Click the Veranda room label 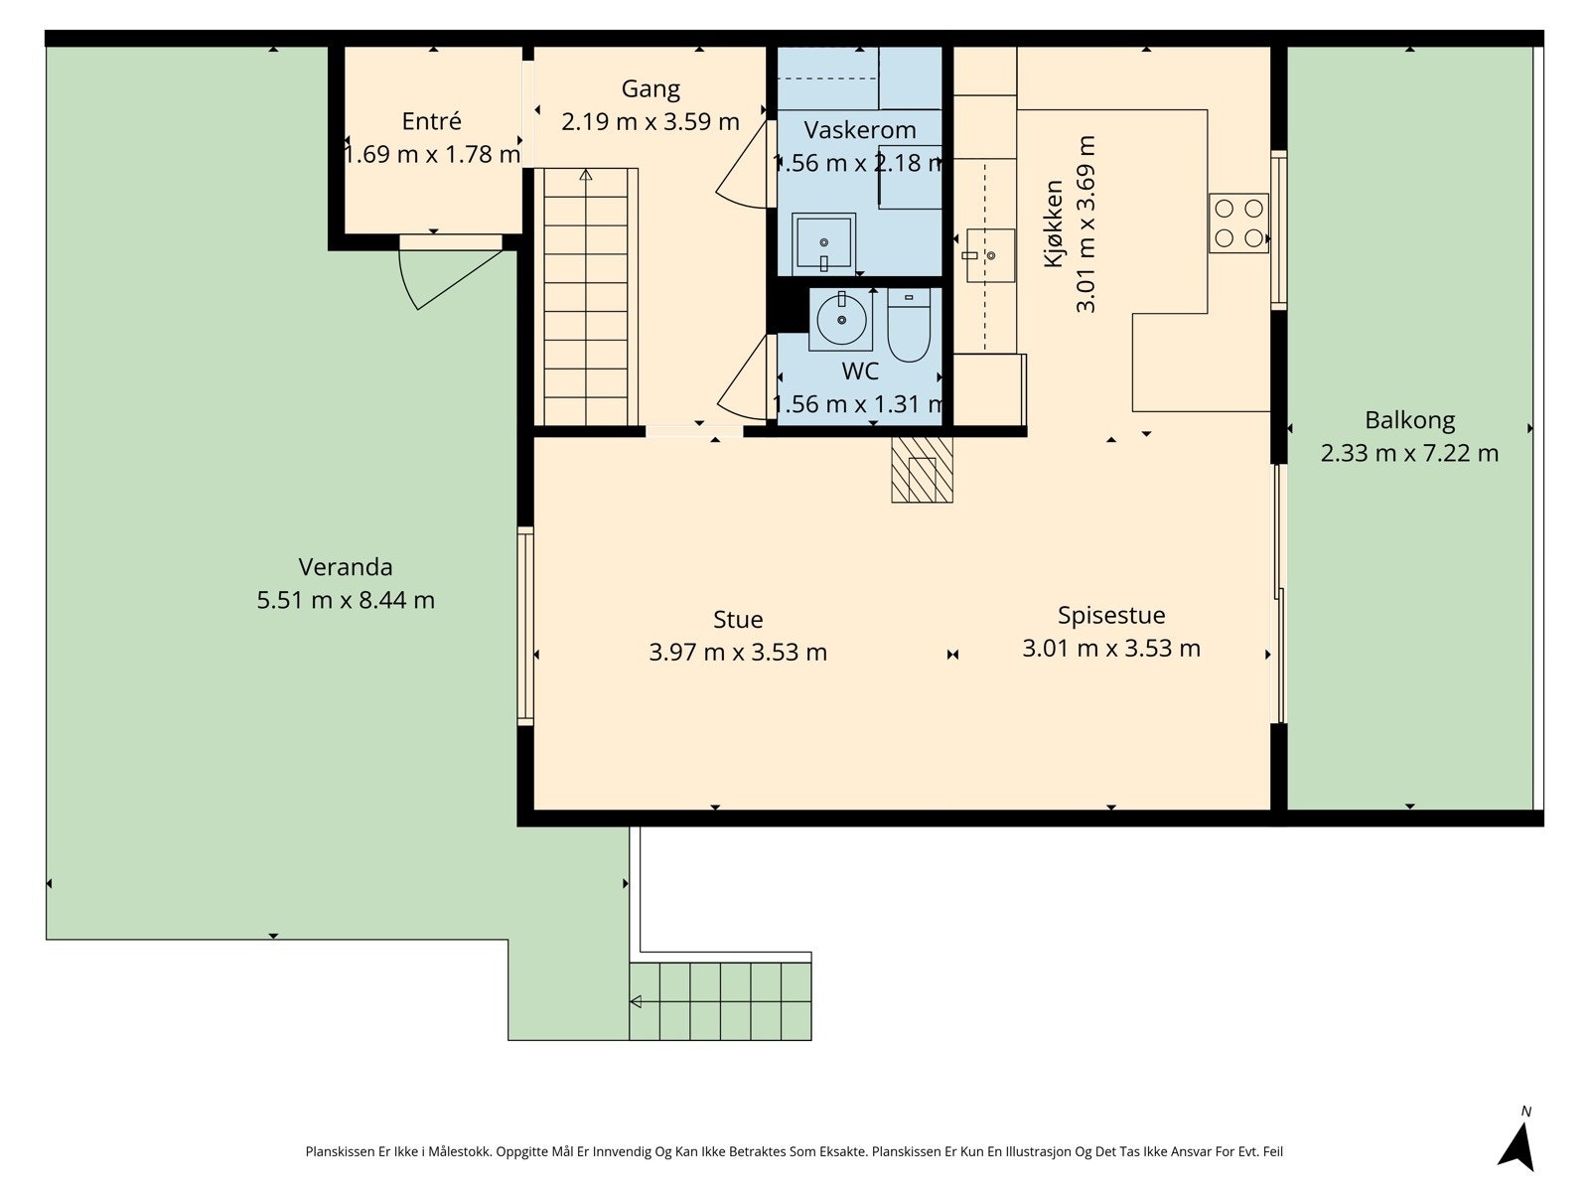point(346,566)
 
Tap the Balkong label point(1408,420)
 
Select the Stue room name point(738,620)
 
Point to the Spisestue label point(1111,616)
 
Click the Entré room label point(431,121)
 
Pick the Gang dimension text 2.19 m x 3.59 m point(650,121)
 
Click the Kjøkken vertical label point(1054,223)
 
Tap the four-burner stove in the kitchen point(1237,223)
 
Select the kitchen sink point(989,255)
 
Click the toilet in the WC point(909,325)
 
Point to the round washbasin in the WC point(841,319)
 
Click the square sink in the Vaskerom point(824,244)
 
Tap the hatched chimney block point(922,470)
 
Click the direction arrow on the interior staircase point(586,175)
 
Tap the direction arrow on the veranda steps point(636,1001)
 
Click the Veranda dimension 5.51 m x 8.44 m point(346,600)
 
